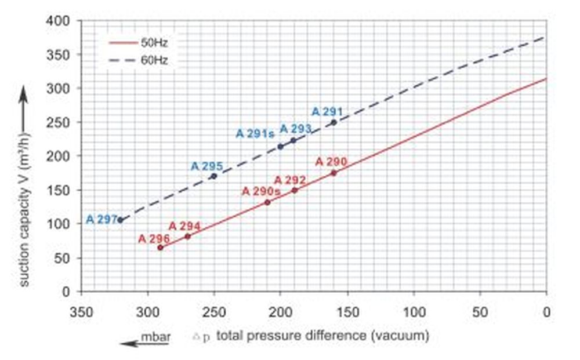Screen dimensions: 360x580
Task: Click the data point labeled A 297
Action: tap(121, 220)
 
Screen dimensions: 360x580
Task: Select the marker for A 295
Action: tap(214, 176)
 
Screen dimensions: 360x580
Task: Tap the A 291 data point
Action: tap(333, 122)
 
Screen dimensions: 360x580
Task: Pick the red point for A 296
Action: tap(161, 248)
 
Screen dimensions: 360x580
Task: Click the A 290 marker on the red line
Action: tap(333, 173)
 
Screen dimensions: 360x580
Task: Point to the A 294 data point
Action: tap(187, 236)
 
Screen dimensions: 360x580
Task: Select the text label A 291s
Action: tap(255, 133)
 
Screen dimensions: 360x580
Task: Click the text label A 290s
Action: tap(261, 191)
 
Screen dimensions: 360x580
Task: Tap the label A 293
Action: tap(296, 128)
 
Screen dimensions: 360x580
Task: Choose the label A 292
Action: tap(290, 180)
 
